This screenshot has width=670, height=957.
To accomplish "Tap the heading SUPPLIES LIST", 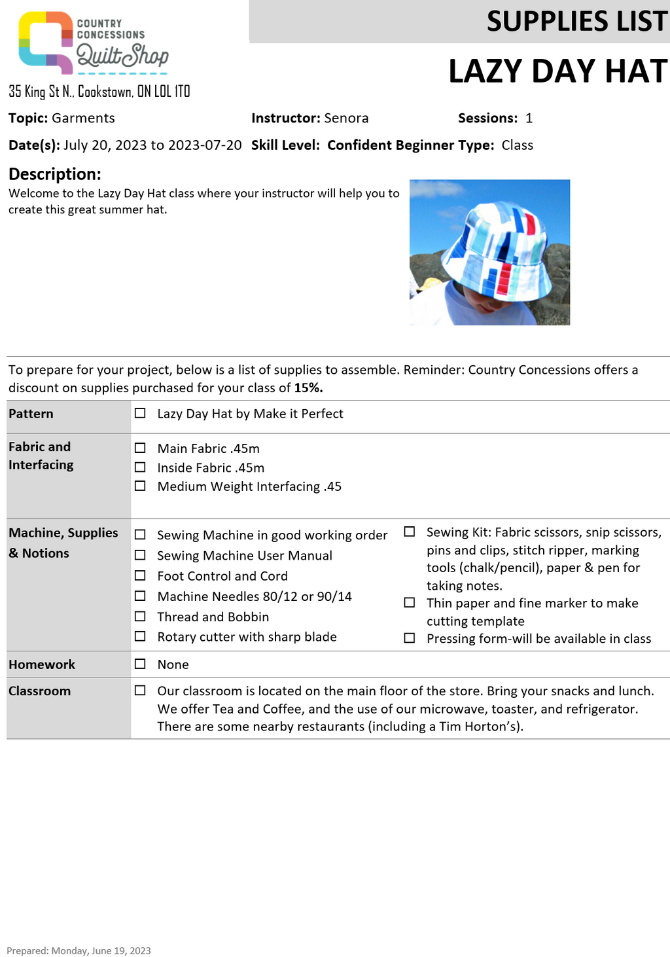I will pos(576,22).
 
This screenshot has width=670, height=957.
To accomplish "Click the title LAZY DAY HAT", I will pos(557,71).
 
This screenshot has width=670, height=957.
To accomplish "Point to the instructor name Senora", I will pos(346,118).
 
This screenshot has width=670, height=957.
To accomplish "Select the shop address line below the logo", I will pos(99,92).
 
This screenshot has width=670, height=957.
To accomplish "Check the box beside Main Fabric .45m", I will pos(140,448).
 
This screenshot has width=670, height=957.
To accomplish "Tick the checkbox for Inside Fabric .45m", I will pos(140,467).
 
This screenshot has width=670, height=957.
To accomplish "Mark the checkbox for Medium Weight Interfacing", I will pos(140,486).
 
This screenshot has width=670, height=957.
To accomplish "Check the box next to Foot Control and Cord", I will pos(140,576).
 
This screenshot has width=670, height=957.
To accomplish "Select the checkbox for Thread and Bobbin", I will pos(140,617).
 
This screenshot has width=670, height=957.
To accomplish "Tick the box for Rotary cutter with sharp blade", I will pos(140,637).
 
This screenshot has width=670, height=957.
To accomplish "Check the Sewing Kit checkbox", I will pos(410,532).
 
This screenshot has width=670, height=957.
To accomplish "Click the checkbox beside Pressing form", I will pos(410,638).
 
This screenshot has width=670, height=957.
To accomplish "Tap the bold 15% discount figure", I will pos(308,388).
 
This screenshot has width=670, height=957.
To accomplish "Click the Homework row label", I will pos(42,664).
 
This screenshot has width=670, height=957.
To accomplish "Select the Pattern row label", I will pos(31,414).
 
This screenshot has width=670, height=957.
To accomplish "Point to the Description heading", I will pos(55,174).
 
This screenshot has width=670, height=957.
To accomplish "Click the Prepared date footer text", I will pos(79,950).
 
